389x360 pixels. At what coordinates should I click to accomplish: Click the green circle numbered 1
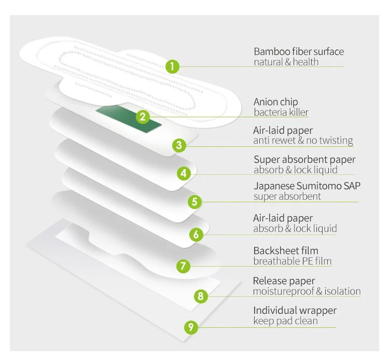(173, 66)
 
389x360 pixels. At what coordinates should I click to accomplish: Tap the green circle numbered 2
(143, 117)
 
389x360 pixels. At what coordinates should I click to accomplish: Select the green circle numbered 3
(179, 145)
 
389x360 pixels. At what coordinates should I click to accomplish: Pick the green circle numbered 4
(184, 173)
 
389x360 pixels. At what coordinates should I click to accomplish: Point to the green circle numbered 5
(194, 201)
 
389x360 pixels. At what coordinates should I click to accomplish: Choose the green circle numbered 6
(196, 234)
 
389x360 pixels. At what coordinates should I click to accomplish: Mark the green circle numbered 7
(182, 266)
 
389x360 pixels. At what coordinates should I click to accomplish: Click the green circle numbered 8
(201, 297)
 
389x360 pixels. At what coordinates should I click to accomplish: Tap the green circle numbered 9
(191, 327)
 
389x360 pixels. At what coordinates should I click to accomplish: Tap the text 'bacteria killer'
(281, 112)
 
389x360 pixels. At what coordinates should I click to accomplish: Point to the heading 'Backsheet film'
(286, 251)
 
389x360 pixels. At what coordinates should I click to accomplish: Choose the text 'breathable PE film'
(292, 261)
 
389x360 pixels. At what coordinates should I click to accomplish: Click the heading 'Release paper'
(284, 281)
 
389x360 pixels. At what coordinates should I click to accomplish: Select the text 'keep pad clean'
(285, 321)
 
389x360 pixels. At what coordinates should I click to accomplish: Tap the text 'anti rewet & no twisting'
(303, 140)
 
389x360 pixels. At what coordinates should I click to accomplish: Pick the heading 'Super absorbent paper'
(304, 159)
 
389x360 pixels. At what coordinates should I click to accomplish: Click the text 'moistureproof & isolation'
(307, 291)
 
